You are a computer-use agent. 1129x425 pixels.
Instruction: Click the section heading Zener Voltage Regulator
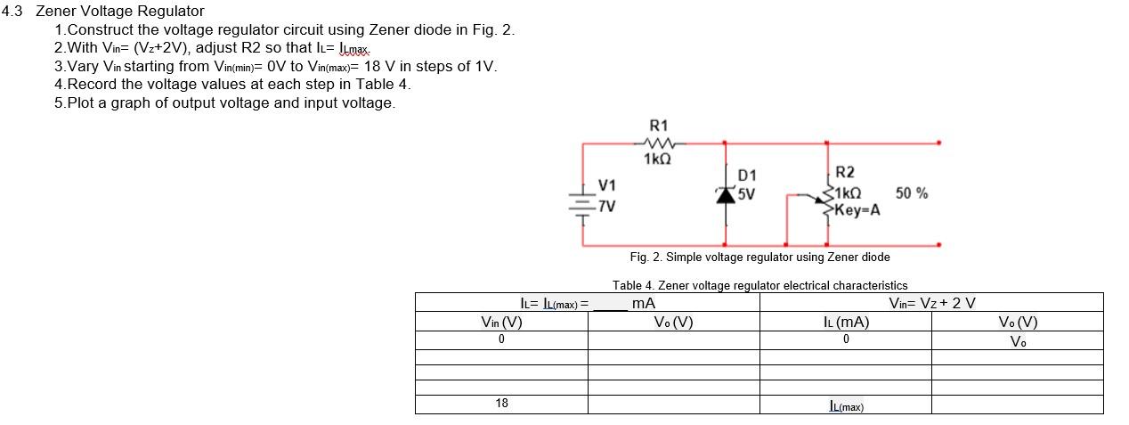[x=119, y=12]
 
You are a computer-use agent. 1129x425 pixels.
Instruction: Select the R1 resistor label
[x=658, y=126]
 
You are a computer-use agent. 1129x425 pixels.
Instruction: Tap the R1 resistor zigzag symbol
[x=659, y=142]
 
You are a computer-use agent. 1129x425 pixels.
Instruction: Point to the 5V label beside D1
[x=746, y=191]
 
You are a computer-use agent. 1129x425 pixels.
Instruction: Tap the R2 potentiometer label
[x=845, y=173]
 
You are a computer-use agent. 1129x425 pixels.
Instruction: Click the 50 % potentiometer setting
[x=911, y=192]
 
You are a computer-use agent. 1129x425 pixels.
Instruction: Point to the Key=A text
[x=858, y=210]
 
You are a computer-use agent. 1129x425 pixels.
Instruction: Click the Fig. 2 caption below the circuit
[x=759, y=257]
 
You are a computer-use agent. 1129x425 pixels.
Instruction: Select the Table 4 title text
[x=759, y=285]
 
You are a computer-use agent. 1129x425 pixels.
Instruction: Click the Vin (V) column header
[x=500, y=323]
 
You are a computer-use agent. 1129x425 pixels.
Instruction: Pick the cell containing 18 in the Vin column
[x=501, y=404]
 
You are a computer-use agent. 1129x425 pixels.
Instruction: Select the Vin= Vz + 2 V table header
[x=931, y=303]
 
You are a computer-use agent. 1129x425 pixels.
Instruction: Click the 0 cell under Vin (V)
[x=501, y=339]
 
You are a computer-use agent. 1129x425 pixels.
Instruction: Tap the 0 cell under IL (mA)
[x=845, y=339]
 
